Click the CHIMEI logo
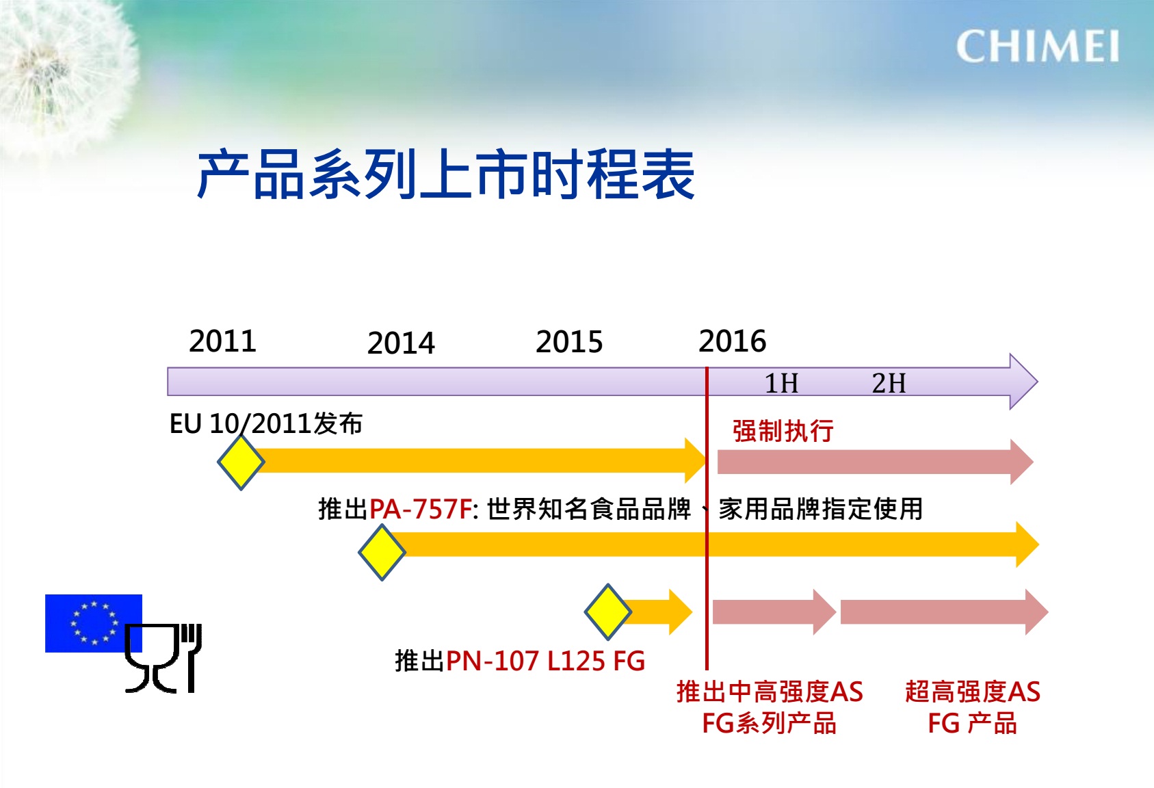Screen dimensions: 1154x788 coord(1038,47)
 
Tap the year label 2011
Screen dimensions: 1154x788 coord(222,341)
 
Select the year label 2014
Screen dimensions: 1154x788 coord(401,343)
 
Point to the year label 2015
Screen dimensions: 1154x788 coord(569,341)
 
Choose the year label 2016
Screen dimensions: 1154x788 coord(732,341)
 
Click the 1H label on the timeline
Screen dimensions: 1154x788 coord(781,383)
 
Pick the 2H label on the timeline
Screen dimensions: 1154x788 coord(889,383)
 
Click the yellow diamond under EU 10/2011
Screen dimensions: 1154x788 coord(241,462)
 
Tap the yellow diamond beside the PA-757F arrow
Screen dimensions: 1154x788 coord(382,552)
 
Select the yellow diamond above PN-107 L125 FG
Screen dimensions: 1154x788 coord(608,612)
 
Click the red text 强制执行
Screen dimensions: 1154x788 coord(783,431)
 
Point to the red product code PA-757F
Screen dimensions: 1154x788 coord(421,510)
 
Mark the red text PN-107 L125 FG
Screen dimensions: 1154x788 coord(546,661)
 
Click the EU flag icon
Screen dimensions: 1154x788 coord(93,623)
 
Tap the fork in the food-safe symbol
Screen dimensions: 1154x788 coord(191,658)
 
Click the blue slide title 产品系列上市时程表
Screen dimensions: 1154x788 coord(446,174)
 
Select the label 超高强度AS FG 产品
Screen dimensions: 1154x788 coord(973,707)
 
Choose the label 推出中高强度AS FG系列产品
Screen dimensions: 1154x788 coord(770,707)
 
